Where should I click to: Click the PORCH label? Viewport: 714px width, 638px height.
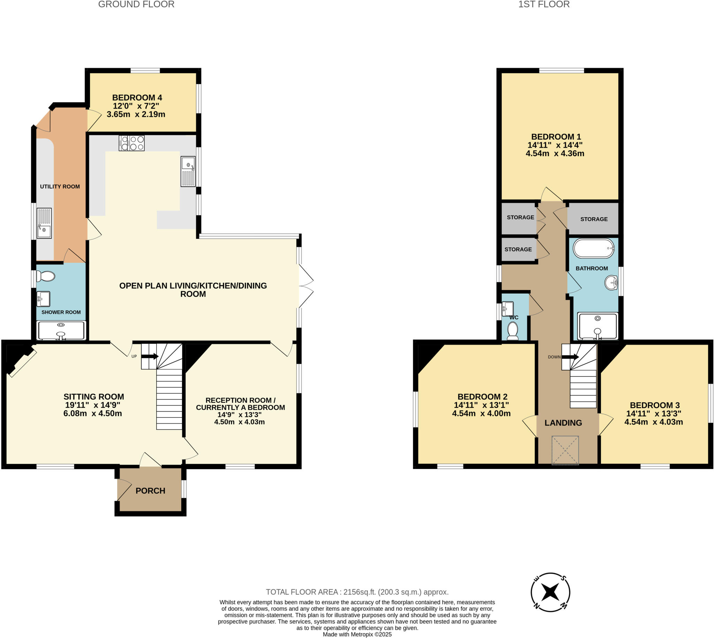coord(150,491)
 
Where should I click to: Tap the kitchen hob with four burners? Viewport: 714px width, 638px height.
coord(132,143)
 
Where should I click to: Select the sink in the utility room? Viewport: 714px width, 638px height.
coord(44,223)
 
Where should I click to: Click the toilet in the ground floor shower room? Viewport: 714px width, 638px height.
coord(46,276)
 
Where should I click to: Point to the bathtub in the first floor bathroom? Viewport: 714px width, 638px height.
coord(594,248)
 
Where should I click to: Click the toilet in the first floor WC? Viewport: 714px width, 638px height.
coord(513,331)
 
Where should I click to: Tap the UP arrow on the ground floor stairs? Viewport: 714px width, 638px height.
coord(150,356)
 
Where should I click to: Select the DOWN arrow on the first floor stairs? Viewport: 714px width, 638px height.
coord(570,357)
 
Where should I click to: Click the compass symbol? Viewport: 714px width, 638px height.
coord(550,592)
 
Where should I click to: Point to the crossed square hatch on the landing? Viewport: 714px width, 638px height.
coord(565,450)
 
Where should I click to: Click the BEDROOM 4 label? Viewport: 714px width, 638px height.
coord(137,98)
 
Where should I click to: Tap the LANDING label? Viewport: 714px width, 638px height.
coord(563,423)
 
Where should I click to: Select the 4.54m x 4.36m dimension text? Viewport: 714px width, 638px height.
coord(555,153)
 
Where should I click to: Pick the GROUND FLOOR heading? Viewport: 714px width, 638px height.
coord(136,5)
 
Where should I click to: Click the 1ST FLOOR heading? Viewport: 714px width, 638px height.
coord(544,5)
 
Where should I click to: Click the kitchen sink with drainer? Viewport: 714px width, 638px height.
coord(188,172)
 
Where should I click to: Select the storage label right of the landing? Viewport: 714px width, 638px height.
coord(594,219)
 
